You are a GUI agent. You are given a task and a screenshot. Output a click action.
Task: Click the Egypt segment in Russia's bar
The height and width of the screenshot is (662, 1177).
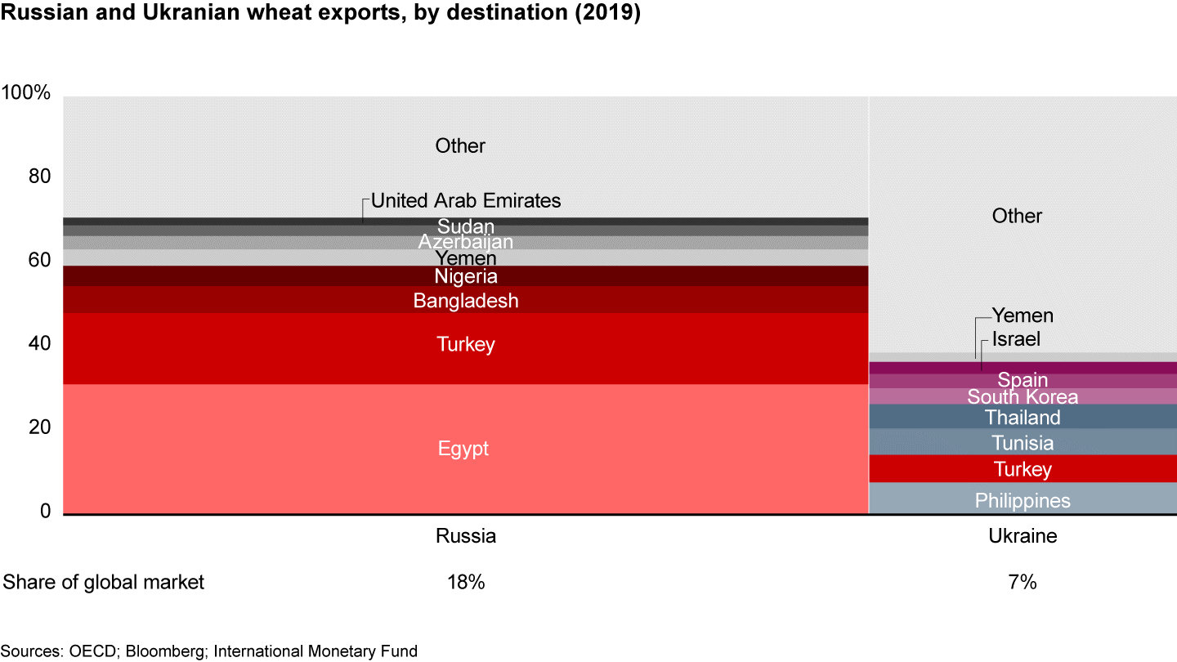point(464,449)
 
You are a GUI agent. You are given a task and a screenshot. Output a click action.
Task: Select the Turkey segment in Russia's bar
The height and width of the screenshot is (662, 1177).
point(465,345)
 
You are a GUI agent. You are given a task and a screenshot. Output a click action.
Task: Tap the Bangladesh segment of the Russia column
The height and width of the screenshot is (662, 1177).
point(465,301)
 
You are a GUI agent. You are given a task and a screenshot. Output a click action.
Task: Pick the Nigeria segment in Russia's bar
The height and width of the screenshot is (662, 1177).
point(465,276)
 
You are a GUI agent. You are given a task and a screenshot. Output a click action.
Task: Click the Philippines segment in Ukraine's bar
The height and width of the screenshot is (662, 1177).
point(1023,500)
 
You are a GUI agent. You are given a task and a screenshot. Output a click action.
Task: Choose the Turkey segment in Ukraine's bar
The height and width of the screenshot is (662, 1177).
point(1023,469)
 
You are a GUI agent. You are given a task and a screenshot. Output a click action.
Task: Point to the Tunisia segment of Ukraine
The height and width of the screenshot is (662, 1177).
point(1023,443)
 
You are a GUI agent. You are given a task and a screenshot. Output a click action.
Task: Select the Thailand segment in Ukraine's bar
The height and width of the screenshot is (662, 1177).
point(1023,418)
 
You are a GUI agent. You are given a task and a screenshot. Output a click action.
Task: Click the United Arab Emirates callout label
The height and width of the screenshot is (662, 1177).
point(466,200)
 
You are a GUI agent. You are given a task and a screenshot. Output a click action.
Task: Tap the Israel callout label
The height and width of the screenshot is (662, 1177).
point(1016,339)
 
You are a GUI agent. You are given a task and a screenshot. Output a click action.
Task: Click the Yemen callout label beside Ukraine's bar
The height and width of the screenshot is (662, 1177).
point(1023,315)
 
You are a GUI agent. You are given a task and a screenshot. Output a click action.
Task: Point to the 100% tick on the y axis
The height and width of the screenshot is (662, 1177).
point(26,93)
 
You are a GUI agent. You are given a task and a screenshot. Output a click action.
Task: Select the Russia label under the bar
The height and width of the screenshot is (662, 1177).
point(466,536)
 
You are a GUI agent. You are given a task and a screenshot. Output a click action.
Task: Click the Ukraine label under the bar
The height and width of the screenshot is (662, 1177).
point(1023,536)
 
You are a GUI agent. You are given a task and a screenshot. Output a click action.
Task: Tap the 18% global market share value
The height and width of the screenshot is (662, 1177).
point(466,582)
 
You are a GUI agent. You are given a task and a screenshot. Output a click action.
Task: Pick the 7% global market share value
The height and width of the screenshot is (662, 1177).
point(1023,582)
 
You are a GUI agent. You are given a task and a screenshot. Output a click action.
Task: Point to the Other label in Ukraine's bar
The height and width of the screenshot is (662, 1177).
point(1017,216)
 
